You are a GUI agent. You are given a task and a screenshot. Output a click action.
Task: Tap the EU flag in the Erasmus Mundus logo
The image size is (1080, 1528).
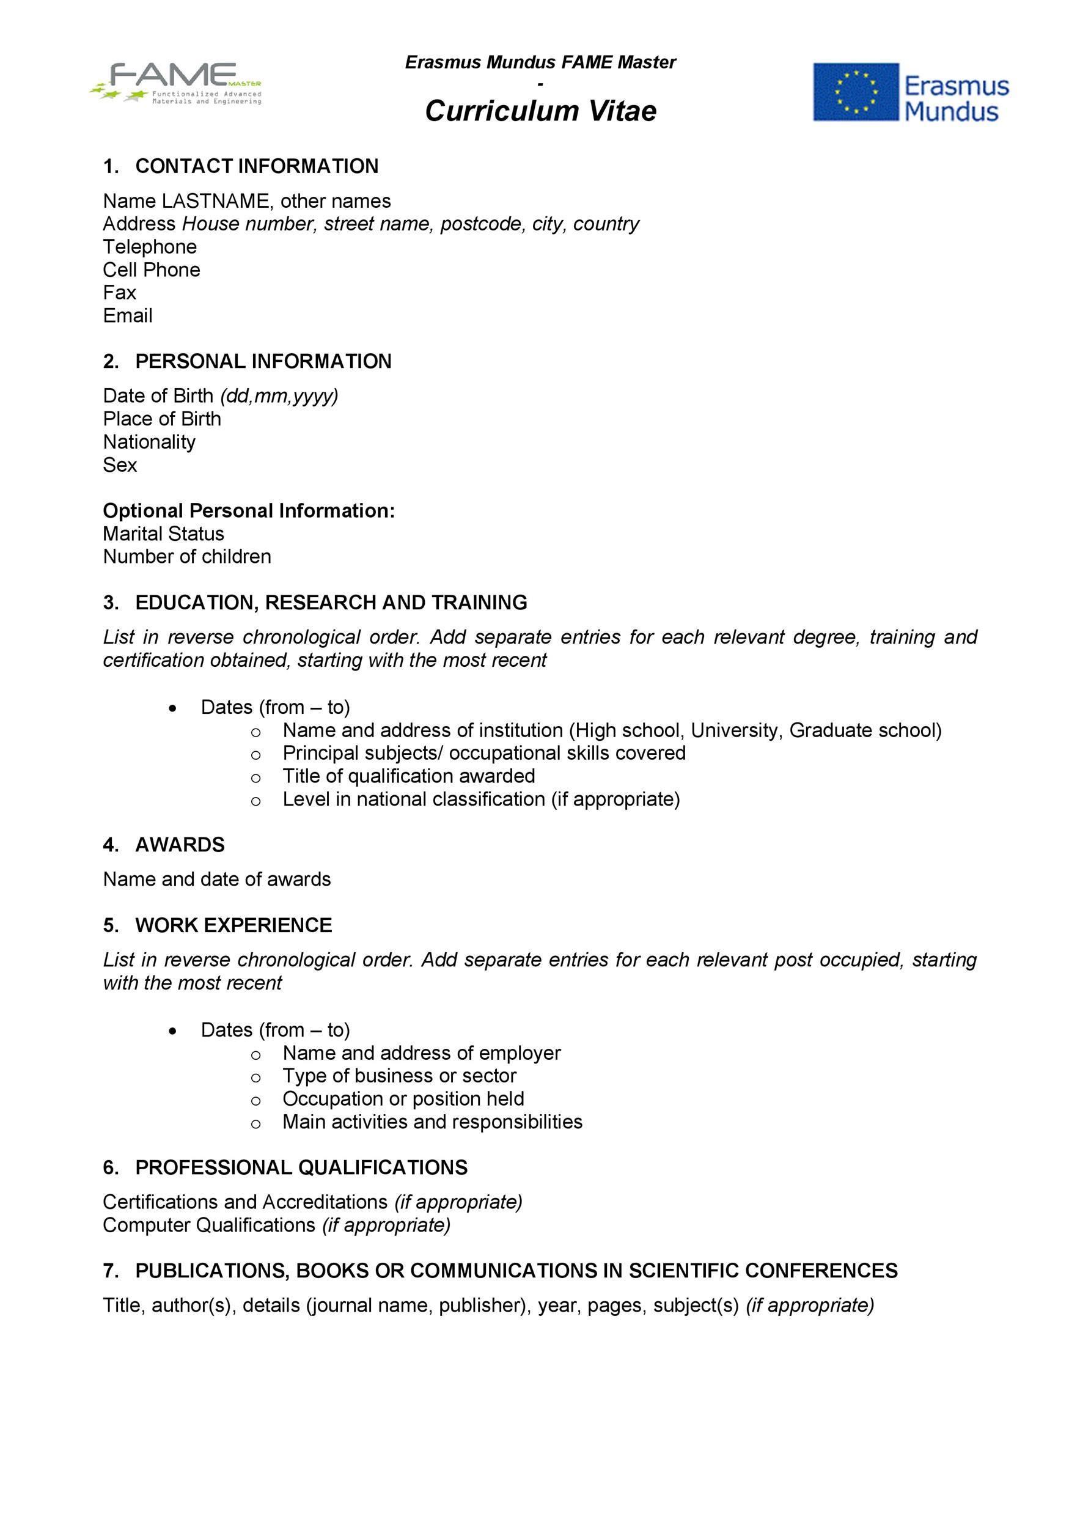(856, 92)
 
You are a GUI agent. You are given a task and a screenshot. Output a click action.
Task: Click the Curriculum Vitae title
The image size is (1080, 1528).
(540, 111)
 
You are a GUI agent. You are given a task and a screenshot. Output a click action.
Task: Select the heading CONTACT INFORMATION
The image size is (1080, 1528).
(256, 166)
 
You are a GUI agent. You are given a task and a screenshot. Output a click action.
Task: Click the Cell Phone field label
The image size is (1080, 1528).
(151, 270)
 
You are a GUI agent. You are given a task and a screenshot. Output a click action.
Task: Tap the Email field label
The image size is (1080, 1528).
(127, 315)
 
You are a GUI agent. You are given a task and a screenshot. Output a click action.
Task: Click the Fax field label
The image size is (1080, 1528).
(119, 293)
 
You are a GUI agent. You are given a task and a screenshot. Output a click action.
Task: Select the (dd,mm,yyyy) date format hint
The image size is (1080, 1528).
(279, 396)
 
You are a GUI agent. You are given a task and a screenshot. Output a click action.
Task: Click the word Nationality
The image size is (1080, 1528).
(149, 442)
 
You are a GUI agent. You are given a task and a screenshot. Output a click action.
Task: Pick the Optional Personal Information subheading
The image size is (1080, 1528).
(248, 510)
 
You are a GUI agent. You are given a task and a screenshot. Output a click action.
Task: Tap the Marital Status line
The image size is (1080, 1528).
(163, 534)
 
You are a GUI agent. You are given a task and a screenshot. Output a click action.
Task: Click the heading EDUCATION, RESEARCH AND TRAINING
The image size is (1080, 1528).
(331, 602)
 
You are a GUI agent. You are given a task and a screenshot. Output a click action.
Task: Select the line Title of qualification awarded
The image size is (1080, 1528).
(408, 776)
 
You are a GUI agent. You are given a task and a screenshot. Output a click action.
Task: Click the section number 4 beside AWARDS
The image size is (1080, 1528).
(110, 845)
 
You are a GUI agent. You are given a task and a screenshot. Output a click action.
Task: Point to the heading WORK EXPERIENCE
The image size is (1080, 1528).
(233, 925)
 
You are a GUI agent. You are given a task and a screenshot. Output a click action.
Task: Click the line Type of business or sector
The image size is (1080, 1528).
(399, 1076)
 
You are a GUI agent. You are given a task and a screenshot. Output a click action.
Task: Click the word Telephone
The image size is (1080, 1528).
(150, 247)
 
